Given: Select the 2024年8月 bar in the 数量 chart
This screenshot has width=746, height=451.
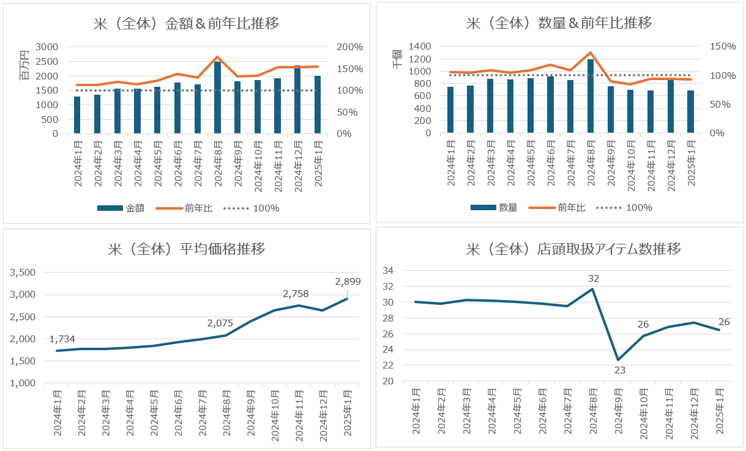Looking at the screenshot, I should click(591, 96).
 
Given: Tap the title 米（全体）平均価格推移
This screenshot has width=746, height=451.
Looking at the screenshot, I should click(187, 249).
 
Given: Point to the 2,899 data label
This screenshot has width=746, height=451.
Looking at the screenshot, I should click(348, 282).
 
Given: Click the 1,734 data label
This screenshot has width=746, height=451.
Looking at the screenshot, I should click(62, 339).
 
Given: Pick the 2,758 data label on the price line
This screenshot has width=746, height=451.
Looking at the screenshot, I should click(296, 294).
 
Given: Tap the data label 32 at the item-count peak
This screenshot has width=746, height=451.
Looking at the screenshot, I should click(593, 279).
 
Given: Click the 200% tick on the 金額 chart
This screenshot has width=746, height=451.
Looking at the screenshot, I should click(351, 47).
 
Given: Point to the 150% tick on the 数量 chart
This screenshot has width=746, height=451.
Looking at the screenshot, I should click(723, 46).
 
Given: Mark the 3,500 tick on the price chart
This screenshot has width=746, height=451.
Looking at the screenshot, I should click(23, 273).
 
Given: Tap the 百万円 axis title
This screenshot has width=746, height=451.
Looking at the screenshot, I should click(25, 65).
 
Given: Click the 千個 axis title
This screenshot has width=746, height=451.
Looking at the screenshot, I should click(397, 59).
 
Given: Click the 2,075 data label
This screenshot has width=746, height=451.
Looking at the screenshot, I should click(220, 323).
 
